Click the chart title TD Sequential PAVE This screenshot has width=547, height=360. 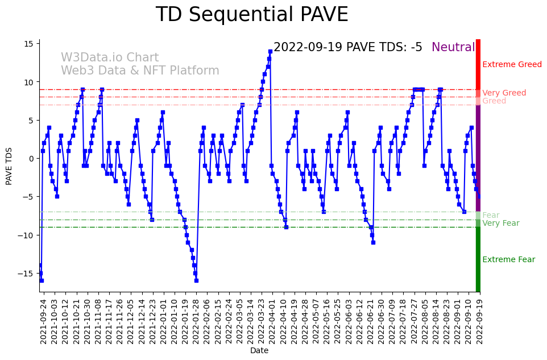(x=252, y=15)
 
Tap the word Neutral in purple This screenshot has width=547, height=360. (x=453, y=47)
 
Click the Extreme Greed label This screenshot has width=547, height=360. (x=512, y=65)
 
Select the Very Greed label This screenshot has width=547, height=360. (x=504, y=93)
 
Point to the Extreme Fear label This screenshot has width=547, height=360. (x=508, y=260)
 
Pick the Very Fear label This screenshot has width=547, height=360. (x=500, y=224)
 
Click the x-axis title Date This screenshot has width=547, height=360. (x=259, y=351)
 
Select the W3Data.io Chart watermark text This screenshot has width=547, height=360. (x=110, y=58)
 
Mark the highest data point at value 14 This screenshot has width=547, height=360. (x=270, y=51)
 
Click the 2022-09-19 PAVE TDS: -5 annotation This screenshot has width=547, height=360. (x=347, y=47)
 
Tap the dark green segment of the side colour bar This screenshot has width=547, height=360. (x=478, y=260)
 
